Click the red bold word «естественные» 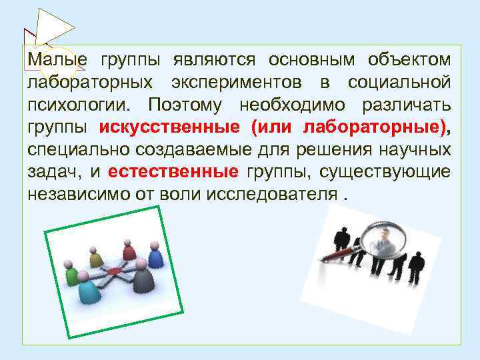point(173,173)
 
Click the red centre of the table point(113,270)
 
